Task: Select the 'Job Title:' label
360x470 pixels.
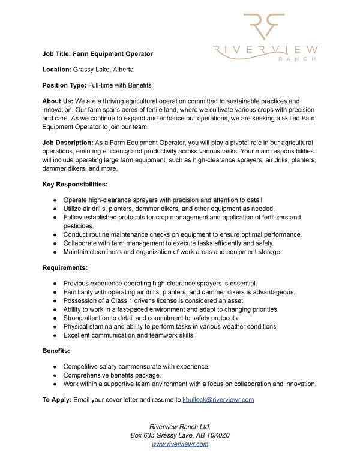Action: click(x=57, y=53)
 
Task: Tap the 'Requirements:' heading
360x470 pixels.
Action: click(x=65, y=267)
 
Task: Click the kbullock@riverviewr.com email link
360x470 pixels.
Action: click(x=218, y=399)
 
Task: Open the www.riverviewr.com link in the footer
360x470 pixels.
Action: click(x=180, y=444)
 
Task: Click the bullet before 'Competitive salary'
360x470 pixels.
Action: click(x=55, y=366)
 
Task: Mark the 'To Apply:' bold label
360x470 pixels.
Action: click(x=57, y=399)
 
